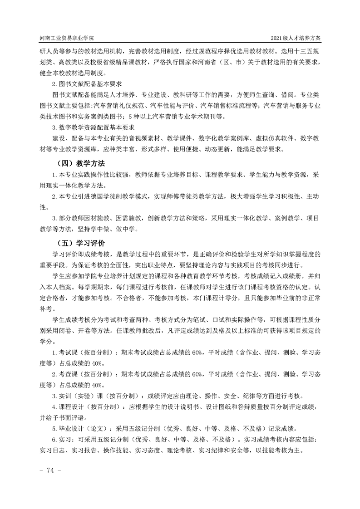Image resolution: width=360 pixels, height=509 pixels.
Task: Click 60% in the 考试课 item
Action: (x=196, y=352)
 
